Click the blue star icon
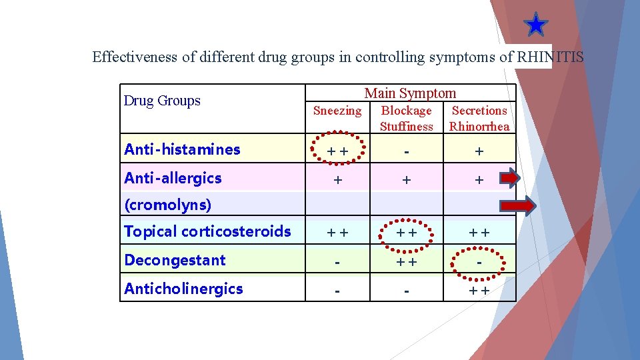tap(535, 25)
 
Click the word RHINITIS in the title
tap(550, 57)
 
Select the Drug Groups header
tap(162, 101)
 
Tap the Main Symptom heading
tap(410, 93)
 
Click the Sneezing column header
tap(337, 111)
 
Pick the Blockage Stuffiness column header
tap(406, 118)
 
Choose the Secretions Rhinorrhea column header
tap(479, 118)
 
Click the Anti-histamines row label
tap(182, 149)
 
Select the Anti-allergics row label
tap(173, 178)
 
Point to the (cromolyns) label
tap(167, 205)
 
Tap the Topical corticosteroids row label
tap(207, 231)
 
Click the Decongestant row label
tap(175, 260)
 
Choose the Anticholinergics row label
tap(183, 289)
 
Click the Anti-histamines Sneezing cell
tap(337, 151)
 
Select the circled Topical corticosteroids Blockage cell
tap(406, 233)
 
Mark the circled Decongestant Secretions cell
tap(479, 261)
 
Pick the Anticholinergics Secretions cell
tap(479, 290)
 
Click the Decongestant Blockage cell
tap(406, 261)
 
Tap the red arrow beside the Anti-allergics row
tap(510, 178)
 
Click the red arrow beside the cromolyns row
tap(518, 206)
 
